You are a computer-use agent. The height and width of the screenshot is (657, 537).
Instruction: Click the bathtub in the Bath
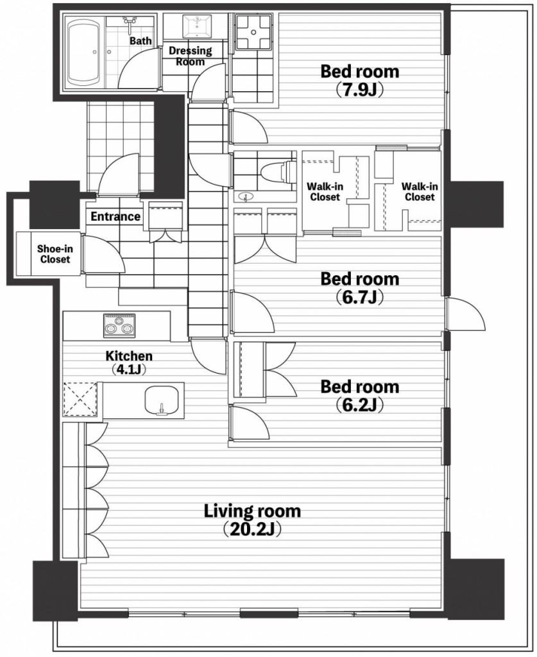click(x=83, y=53)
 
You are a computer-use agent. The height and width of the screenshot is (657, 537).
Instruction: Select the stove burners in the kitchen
click(x=119, y=325)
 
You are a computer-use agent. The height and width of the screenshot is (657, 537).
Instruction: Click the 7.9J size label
click(x=360, y=90)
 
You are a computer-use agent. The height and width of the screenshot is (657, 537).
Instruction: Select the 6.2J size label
click(x=360, y=405)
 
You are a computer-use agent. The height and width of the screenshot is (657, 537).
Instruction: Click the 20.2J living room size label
click(x=251, y=529)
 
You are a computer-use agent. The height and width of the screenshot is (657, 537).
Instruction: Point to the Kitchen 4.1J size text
click(x=128, y=370)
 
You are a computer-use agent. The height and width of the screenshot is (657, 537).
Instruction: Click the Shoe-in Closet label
click(x=55, y=254)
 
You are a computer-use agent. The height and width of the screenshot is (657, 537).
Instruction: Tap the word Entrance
click(x=115, y=217)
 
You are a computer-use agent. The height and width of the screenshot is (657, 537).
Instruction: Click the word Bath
click(x=141, y=40)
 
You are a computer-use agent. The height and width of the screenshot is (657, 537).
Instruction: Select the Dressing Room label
click(x=190, y=56)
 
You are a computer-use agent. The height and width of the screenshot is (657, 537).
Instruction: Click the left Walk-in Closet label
click(x=325, y=191)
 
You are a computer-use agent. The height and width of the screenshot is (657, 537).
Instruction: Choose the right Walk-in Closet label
click(x=420, y=191)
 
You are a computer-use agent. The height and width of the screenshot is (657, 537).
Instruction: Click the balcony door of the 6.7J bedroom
click(x=466, y=313)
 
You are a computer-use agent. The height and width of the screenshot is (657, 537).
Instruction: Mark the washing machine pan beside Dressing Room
click(x=254, y=31)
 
